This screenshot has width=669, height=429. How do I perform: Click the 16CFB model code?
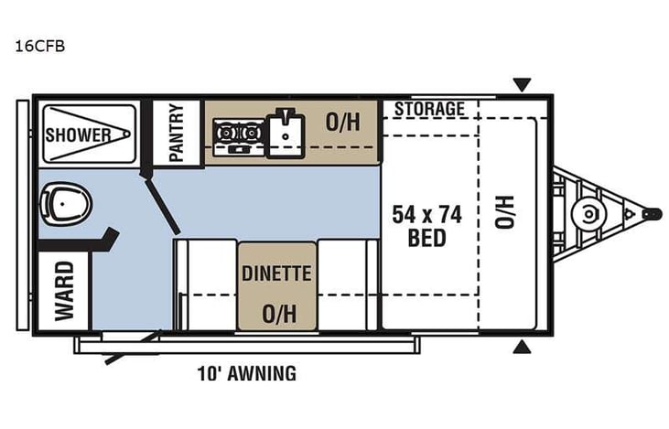(x=32, y=43)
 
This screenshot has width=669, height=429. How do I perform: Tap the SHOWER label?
(x=79, y=135)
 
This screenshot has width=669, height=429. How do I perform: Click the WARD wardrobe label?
(x=64, y=291)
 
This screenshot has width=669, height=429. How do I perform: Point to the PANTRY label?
(x=177, y=132)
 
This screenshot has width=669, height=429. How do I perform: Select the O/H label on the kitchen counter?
(x=342, y=123)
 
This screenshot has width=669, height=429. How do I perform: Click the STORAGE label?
(x=429, y=110)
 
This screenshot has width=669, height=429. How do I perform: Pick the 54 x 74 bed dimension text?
(x=427, y=216)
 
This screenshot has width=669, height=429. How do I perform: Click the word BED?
(x=427, y=239)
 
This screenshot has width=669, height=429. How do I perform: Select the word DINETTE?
(x=277, y=273)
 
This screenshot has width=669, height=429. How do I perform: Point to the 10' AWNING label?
(x=247, y=373)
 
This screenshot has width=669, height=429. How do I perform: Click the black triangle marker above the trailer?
(x=522, y=85)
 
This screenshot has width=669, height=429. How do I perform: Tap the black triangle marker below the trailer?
(x=522, y=347)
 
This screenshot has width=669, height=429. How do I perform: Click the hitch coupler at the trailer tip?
(x=651, y=213)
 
